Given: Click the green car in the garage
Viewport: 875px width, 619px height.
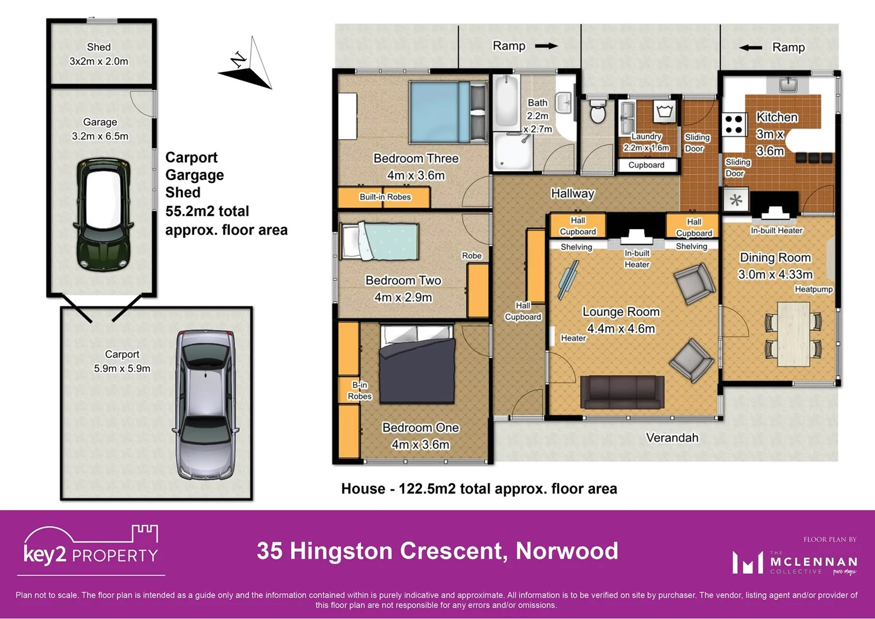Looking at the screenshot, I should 103,214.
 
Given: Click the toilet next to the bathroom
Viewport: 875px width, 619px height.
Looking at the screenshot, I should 597,111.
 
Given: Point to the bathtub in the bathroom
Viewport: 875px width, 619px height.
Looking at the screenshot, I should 506,102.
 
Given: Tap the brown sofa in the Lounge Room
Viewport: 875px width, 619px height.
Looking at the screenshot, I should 622,392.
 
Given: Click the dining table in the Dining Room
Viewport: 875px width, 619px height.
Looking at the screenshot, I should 793,334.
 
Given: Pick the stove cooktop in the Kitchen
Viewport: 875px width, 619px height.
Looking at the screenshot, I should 734,124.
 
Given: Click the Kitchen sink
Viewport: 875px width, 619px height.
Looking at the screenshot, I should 789,85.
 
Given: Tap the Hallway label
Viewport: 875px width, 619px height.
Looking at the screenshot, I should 572,194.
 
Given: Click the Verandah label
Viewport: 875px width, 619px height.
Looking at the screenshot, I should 672,438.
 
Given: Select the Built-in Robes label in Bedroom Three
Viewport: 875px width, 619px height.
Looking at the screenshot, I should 385,197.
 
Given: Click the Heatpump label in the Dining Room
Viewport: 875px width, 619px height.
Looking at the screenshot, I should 813,289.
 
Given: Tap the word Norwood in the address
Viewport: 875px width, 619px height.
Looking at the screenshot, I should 566,551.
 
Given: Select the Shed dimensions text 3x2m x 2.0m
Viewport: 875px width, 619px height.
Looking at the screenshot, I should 98,61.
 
